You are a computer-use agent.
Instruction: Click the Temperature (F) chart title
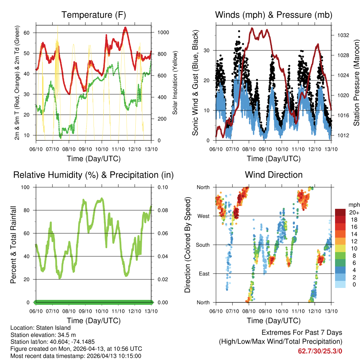tap(94, 15)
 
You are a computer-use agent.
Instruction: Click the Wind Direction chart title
tap(274, 175)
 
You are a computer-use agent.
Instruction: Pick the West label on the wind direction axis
tap(203, 216)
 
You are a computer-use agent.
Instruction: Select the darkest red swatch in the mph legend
tap(340, 212)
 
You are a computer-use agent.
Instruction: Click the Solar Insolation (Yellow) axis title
tap(175, 83)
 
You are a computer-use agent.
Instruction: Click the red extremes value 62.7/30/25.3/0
tap(320, 351)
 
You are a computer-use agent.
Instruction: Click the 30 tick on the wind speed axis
tap(208, 51)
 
